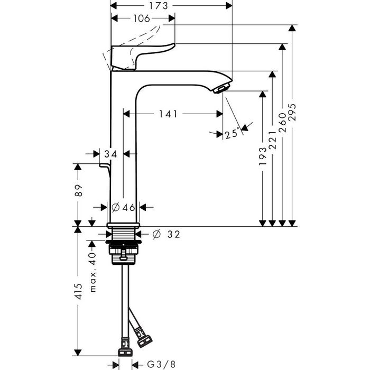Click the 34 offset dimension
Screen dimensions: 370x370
[x=110, y=154]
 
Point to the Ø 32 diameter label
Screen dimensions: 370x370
[x=166, y=234]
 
